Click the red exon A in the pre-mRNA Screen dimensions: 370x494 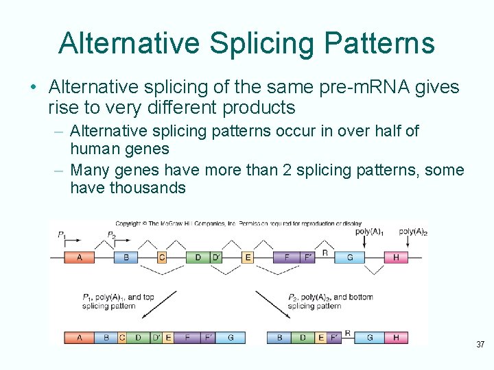coord(79,258)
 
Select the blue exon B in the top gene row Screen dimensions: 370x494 coord(126,258)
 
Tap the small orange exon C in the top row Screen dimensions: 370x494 coord(162,258)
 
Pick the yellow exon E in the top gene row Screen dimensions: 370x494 coord(248,258)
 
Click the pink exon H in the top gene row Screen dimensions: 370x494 coord(396,258)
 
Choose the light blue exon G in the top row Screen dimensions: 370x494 coord(350,258)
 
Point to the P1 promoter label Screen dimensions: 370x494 coord(62,234)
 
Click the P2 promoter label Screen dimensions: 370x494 coord(111,234)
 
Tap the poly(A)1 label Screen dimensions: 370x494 coord(369,232)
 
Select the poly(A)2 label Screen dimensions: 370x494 coord(413,232)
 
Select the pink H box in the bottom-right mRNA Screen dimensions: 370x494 coord(396,337)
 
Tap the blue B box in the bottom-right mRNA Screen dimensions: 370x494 coord(279,337)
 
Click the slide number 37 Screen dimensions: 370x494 coord(480,344)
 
